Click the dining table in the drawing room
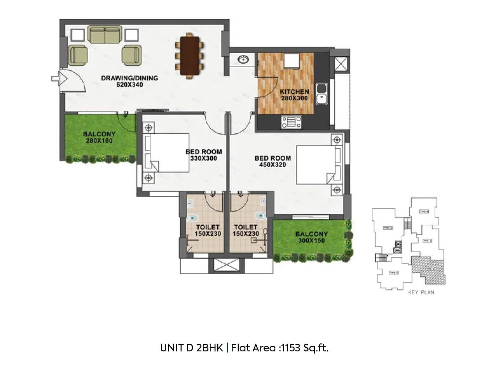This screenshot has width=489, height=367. coord(190,56)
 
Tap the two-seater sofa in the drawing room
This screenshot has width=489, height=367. coord(105,35)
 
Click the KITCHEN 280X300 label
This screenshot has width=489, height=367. coord(294,95)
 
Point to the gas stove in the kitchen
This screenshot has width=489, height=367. coord(291,122)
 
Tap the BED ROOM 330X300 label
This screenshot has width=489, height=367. coord(204,155)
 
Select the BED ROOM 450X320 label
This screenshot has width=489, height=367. coord(272,161)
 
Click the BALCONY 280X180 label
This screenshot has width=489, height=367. coord(99,137)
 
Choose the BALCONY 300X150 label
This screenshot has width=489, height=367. coord(311,237)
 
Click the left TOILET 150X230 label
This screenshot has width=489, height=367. coord(208,230)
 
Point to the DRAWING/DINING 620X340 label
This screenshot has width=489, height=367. coord(130,81)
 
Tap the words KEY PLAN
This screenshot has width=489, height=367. coord(421,292)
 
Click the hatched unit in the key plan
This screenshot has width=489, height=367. coord(428,269)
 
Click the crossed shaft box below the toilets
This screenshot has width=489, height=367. coord(226,265)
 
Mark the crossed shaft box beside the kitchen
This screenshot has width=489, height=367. coord(339,64)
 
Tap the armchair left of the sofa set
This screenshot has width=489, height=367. coord(78,55)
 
